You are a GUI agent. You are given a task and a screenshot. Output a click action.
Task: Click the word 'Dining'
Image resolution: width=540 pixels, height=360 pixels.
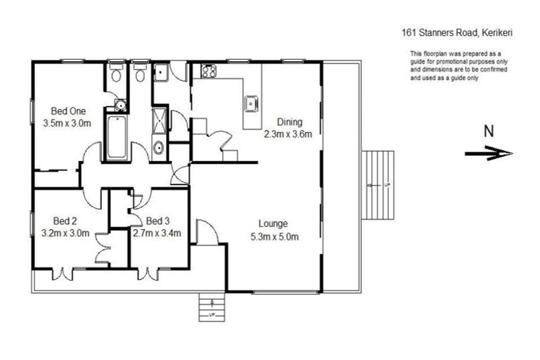coord(288,121)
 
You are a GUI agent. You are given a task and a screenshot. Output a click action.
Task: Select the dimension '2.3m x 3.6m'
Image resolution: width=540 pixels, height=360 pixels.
coord(288,133)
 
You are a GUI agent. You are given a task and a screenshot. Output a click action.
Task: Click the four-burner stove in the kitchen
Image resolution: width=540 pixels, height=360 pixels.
coord(210,70)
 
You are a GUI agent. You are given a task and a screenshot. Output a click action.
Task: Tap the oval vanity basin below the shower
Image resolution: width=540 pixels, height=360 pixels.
coord(160,148)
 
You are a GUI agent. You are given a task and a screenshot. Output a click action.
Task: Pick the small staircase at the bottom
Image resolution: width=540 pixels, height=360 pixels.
coord(211,307)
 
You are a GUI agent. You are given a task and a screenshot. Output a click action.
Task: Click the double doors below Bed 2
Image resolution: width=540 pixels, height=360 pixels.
coord(63,273)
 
